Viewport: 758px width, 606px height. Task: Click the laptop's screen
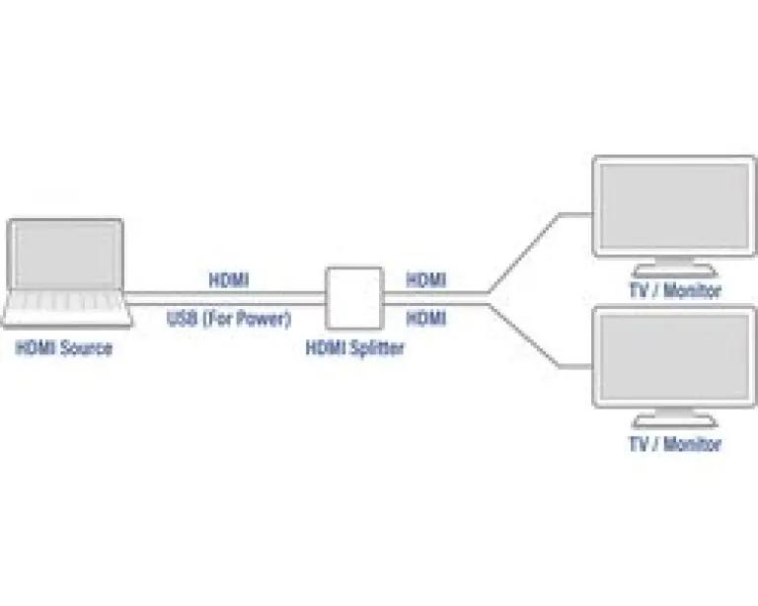coord(66,255)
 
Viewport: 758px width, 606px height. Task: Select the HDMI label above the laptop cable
coord(229,280)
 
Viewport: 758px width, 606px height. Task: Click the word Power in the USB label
coord(263,319)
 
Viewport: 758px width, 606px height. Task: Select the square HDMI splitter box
coord(355,298)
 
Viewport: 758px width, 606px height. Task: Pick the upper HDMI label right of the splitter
coord(426,280)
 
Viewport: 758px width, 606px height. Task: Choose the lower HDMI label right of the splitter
coord(426,319)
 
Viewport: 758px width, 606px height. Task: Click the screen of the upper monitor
coord(675,206)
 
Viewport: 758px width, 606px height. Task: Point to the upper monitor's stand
coord(675,267)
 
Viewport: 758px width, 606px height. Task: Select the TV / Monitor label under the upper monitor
coord(675,290)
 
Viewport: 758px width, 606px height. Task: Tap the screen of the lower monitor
coord(675,356)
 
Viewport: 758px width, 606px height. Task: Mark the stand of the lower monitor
coord(675,418)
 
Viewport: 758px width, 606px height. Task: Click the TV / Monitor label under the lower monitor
coord(675,443)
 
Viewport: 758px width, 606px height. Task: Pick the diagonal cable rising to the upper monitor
coord(523,253)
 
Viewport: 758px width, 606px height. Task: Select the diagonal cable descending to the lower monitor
coord(524,336)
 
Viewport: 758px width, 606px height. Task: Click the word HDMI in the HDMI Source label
coord(37,348)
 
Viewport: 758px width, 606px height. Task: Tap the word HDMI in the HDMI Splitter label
coord(327,348)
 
